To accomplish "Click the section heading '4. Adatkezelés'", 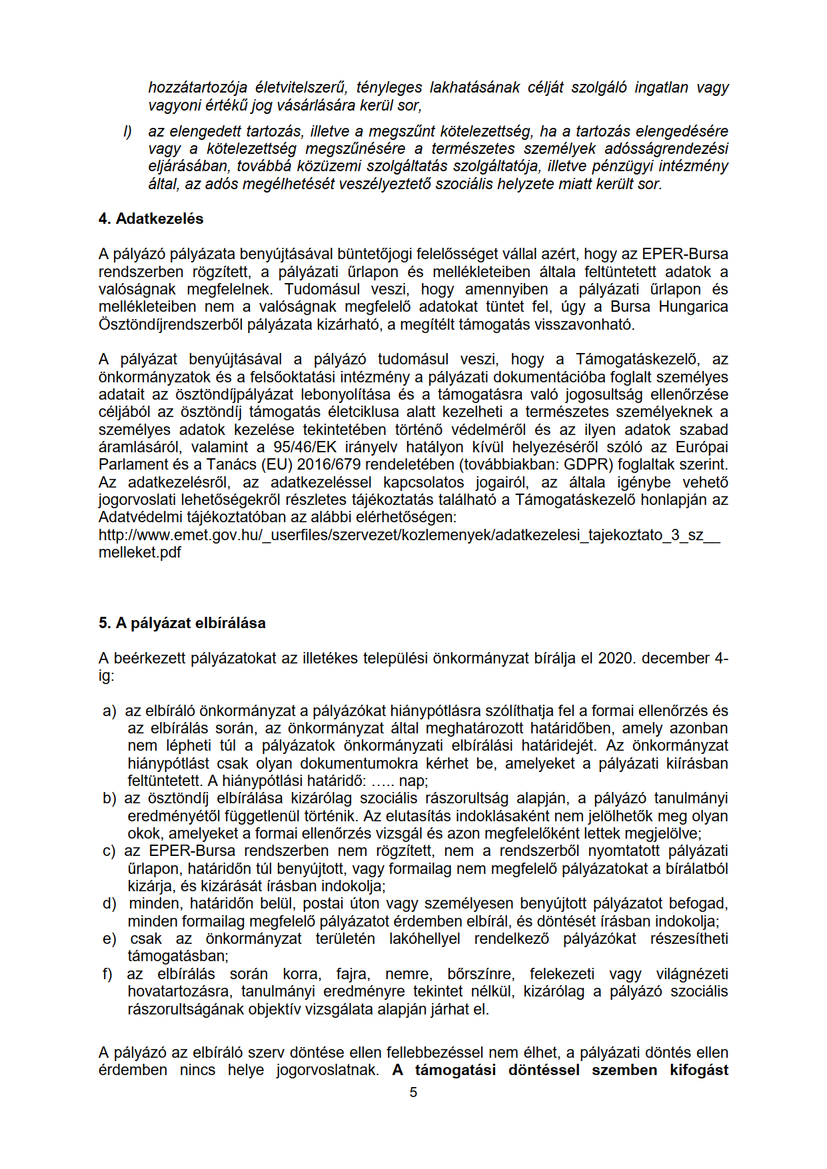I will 151,219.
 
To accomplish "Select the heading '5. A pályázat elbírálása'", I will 182,623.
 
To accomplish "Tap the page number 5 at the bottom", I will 413,1092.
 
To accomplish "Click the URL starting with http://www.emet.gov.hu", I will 409,536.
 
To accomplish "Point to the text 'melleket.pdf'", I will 140,553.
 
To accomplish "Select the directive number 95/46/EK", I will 305,448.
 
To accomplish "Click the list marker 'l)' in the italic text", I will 127,132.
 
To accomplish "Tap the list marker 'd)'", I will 109,904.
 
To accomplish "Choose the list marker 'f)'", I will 107,974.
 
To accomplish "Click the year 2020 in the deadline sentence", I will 616,659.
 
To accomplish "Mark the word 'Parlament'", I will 131,465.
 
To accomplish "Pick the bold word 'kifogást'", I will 699,1070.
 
